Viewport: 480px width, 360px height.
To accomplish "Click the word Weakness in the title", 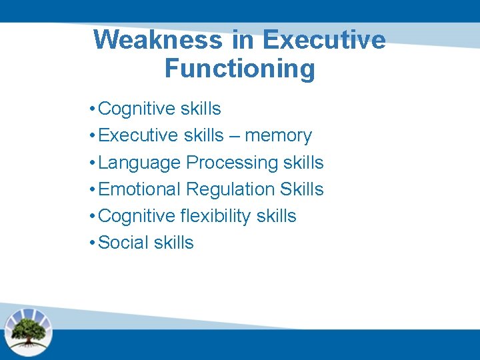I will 158,40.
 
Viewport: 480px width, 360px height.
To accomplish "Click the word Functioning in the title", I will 239,69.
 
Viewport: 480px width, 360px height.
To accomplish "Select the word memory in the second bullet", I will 278,136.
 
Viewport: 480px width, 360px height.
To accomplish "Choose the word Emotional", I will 139,189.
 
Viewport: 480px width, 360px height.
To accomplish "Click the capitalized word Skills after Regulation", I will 301,189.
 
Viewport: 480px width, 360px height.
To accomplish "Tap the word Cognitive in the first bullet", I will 136,109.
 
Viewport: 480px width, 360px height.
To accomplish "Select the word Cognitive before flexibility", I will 136,216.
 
